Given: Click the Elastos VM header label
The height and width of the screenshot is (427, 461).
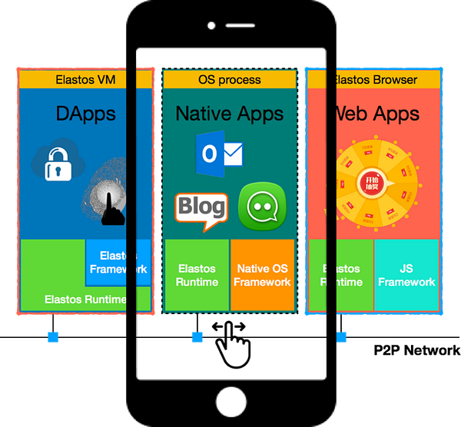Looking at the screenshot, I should (x=85, y=80).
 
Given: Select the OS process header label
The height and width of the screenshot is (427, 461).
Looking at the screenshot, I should (x=229, y=80).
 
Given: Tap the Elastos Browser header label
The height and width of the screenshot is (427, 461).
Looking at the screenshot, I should (x=374, y=80).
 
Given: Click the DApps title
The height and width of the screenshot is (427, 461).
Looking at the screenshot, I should (x=85, y=114).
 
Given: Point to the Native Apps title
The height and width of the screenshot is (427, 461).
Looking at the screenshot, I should (x=229, y=114).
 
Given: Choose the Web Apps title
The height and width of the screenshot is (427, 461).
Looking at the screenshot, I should (x=374, y=114).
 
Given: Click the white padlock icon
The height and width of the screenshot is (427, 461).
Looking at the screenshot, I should (x=58, y=164).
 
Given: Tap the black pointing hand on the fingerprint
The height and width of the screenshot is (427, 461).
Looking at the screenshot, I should (x=111, y=206).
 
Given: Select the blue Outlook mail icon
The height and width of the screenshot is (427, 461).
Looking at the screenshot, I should (x=218, y=153).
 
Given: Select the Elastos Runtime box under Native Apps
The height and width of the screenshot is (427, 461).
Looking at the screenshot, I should (x=197, y=275).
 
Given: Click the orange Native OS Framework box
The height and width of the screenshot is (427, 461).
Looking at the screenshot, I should (x=263, y=275).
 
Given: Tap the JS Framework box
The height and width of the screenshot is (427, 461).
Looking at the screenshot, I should (x=406, y=275).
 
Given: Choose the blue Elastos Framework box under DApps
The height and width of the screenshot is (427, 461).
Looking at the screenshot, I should (x=117, y=263).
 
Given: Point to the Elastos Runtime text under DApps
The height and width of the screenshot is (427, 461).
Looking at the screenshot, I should (x=85, y=299).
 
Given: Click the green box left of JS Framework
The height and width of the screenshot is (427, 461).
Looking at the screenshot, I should (x=340, y=275).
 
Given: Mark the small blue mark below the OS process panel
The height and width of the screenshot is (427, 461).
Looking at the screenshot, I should (x=197, y=337).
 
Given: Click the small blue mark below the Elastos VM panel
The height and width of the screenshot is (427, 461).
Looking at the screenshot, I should (x=52, y=337).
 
